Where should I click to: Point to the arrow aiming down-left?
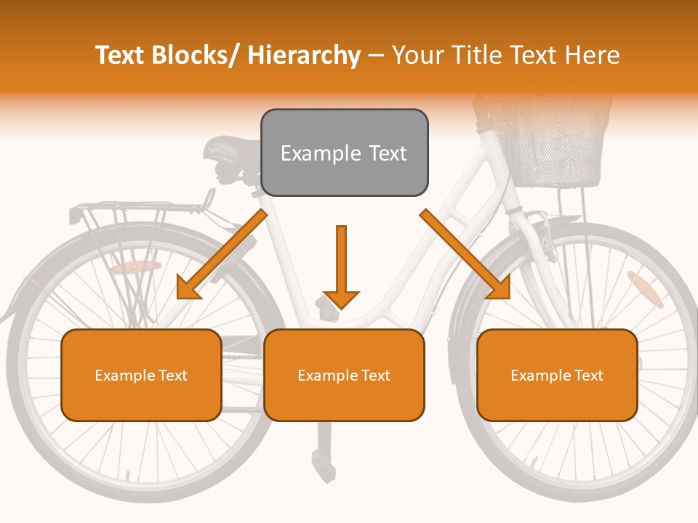(x=222, y=254)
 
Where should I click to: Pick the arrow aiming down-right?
(x=465, y=254)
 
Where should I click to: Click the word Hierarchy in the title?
(x=303, y=55)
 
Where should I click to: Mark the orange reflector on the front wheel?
(x=644, y=290)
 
